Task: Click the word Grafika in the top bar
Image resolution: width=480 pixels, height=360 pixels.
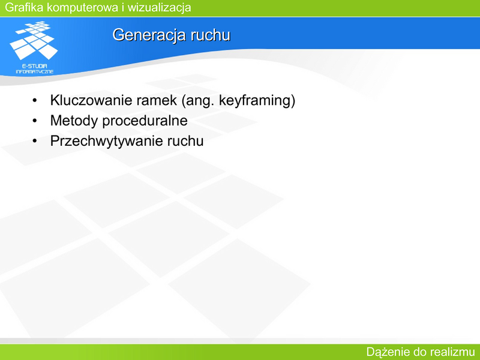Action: pos(24,7)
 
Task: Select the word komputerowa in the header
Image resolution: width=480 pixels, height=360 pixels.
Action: pos(83,8)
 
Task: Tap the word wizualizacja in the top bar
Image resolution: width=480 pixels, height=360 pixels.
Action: pos(159,8)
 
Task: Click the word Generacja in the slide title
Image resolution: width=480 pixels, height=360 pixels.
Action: pos(149,35)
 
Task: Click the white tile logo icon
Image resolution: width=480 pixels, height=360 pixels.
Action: pos(34,40)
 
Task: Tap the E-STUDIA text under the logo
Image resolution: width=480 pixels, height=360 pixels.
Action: pos(35,66)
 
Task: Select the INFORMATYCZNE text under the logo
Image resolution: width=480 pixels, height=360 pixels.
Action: pos(35,71)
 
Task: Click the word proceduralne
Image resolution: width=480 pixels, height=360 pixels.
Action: pos(145,121)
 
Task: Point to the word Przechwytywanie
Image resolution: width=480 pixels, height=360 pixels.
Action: pos(107,141)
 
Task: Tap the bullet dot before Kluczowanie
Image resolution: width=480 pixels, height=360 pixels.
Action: pos(35,100)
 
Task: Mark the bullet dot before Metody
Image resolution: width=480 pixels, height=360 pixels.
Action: pos(35,121)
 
